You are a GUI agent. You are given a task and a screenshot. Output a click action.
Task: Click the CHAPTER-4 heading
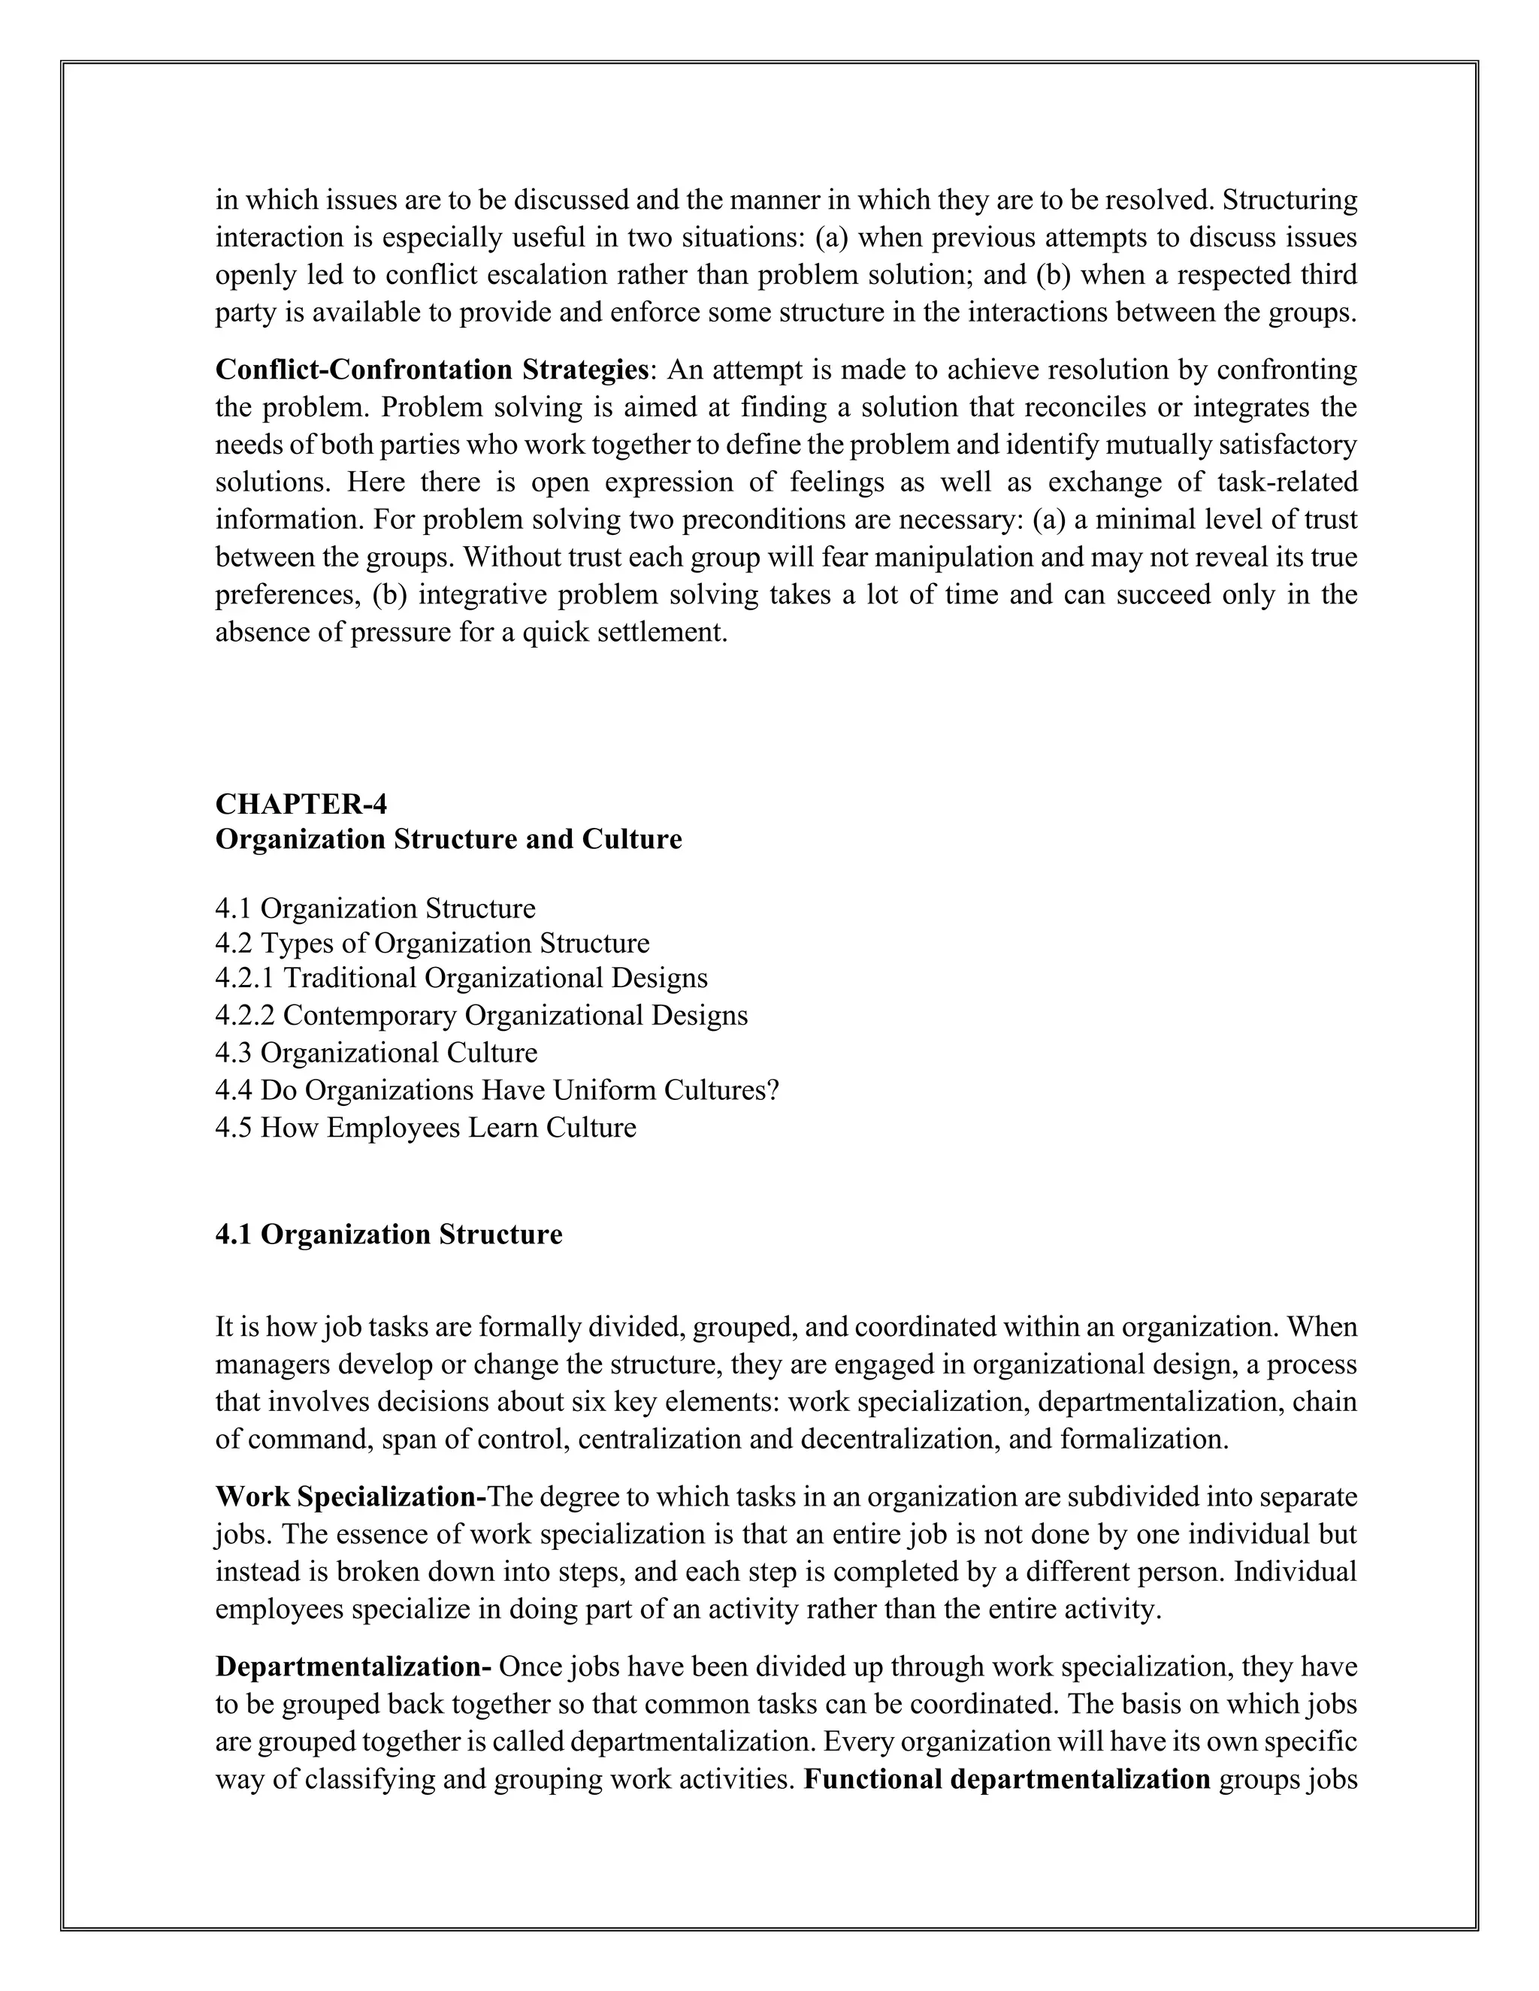(x=301, y=804)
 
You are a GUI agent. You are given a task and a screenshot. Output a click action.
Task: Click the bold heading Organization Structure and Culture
(x=448, y=838)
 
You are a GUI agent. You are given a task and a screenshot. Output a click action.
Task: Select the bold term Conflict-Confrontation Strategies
(x=431, y=370)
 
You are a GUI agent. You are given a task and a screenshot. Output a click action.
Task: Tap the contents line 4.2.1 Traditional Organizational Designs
(x=461, y=978)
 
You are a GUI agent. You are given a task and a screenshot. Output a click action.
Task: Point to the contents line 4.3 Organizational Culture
(x=376, y=1053)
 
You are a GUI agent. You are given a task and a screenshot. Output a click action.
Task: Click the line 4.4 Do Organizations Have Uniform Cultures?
(x=497, y=1090)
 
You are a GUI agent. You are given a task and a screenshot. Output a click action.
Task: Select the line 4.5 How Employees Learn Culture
(x=425, y=1128)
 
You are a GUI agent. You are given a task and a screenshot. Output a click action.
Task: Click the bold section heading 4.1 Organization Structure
(x=389, y=1234)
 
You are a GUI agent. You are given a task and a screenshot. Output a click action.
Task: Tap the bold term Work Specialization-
(x=351, y=1497)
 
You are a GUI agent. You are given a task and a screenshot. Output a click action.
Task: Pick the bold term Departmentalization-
(x=354, y=1666)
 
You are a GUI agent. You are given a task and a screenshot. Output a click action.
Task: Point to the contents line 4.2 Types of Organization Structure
(x=432, y=943)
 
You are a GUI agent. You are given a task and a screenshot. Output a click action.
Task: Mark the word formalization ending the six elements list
(x=1144, y=1440)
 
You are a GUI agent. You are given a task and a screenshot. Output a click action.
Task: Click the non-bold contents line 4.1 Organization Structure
(x=375, y=909)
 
